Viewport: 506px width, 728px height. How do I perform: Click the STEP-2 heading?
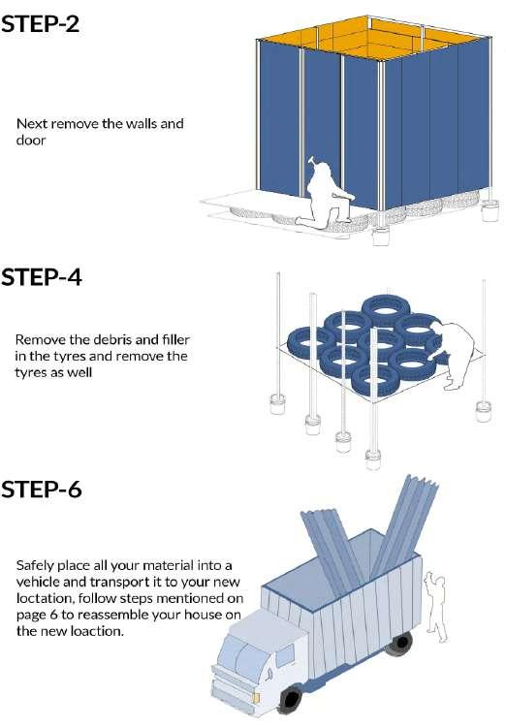tap(41, 23)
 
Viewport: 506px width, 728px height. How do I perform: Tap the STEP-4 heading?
tap(42, 277)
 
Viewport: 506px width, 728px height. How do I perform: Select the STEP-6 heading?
tap(42, 489)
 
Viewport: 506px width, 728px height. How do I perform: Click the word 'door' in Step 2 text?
tap(31, 141)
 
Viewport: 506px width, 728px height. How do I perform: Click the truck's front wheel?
tap(291, 699)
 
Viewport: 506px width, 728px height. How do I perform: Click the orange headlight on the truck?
tap(256, 697)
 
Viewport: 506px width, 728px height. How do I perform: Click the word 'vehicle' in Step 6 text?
tap(36, 582)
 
